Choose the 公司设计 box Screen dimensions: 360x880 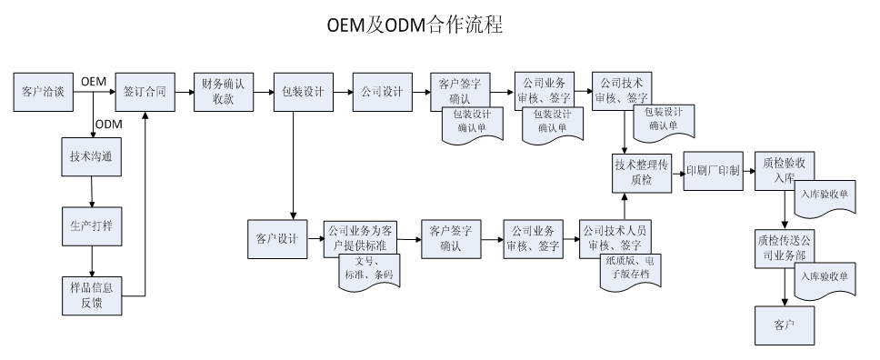click(x=381, y=92)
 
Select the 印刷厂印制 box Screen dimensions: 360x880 click(x=714, y=170)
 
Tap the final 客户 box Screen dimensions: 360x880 click(x=784, y=324)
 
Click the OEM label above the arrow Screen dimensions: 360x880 click(x=95, y=82)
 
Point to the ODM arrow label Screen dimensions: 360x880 click(x=108, y=124)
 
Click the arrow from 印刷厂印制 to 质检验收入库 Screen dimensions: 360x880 click(x=748, y=170)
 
